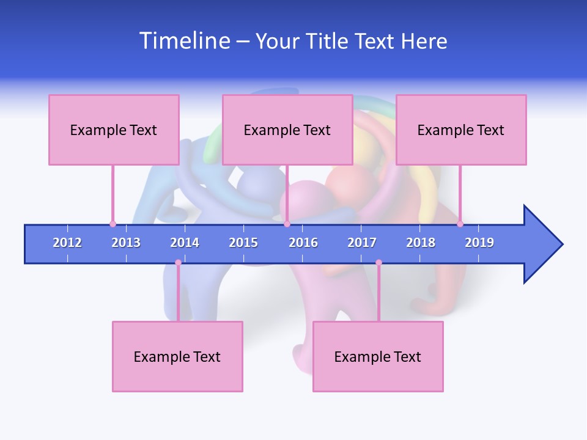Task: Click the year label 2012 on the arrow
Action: (67, 243)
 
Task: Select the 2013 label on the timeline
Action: (126, 243)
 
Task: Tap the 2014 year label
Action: (185, 243)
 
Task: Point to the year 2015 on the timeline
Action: (243, 243)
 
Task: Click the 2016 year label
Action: (303, 243)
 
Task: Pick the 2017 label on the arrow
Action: (362, 243)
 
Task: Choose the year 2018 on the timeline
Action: (421, 243)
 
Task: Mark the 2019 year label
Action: (479, 243)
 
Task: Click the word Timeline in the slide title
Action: (184, 41)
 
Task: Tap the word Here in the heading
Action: (424, 41)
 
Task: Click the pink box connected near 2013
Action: (114, 130)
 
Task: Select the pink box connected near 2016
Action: (287, 130)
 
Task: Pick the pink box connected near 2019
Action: (461, 130)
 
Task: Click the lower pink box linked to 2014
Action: (177, 356)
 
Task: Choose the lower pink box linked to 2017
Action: (378, 356)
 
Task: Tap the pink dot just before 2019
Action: (460, 224)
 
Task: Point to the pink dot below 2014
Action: (178, 262)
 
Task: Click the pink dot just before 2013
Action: (113, 224)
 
